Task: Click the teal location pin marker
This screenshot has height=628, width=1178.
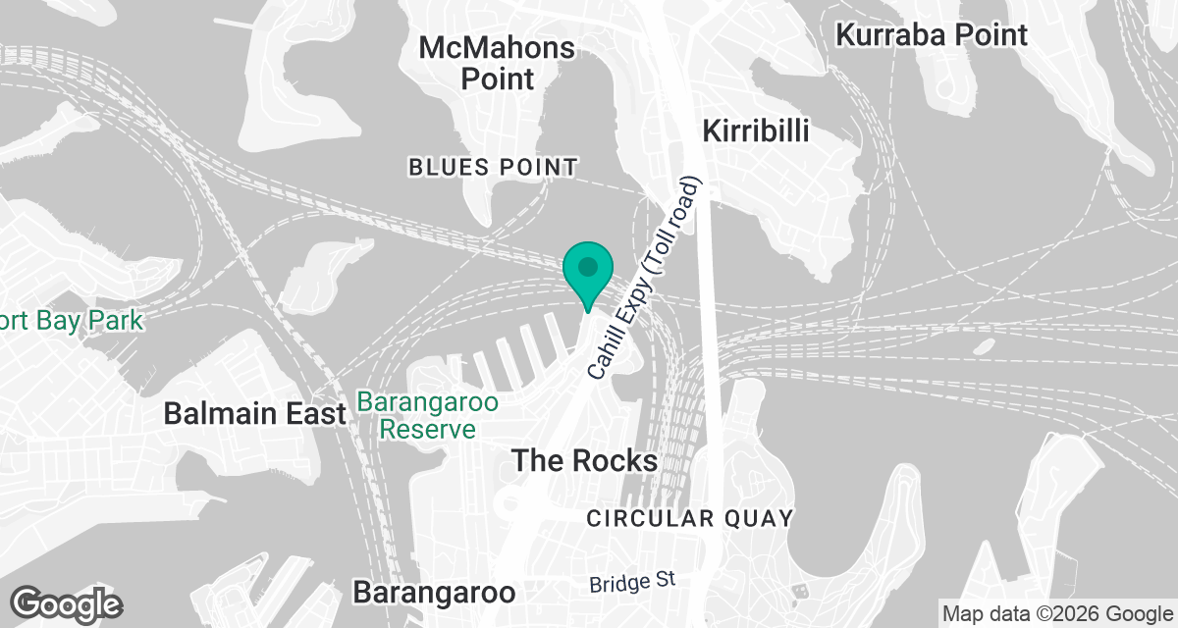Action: point(588,274)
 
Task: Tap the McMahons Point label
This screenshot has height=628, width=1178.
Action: point(497,62)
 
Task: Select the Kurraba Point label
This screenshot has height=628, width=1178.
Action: point(932,35)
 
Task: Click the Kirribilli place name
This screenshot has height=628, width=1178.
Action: point(756,131)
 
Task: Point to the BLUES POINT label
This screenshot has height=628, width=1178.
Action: point(493,168)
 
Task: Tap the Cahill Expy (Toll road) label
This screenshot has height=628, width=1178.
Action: point(647,279)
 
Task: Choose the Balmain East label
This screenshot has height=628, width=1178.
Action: point(255,413)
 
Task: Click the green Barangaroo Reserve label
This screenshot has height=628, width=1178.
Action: point(428,416)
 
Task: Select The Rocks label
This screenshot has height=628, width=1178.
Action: point(584,459)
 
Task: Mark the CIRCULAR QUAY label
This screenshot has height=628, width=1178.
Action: point(689,518)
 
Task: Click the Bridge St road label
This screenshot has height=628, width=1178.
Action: point(633,581)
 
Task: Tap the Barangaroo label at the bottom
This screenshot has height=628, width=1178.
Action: point(434,593)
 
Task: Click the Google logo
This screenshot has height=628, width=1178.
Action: point(66,603)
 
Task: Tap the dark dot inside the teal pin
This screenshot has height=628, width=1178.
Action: point(588,266)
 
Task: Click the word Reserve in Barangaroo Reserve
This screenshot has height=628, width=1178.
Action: point(428,429)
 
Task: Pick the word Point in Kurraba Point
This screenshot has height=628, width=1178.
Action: point(989,35)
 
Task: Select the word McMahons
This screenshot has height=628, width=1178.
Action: point(497,47)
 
